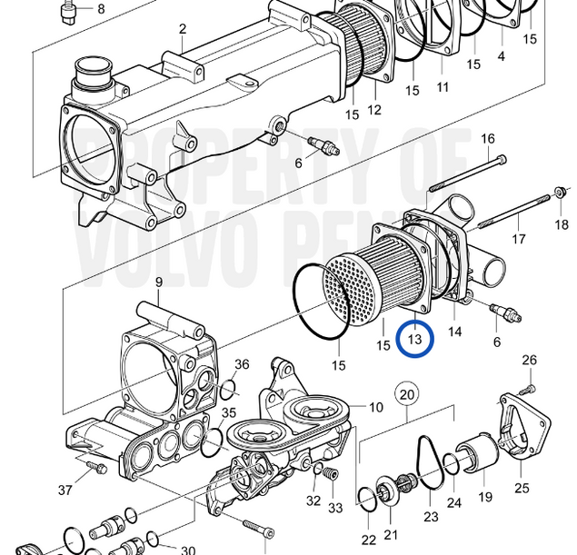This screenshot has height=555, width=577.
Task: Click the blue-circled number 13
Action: point(416,340)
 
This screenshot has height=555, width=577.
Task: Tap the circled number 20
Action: point(407,395)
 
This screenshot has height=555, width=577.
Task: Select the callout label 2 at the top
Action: point(182,29)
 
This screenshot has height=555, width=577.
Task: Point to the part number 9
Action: point(158,282)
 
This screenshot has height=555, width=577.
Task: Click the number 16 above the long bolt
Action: point(488,139)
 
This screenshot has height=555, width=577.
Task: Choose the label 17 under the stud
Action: point(518,240)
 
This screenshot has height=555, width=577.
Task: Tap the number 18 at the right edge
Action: point(562,224)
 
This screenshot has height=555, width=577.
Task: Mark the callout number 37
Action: point(65,491)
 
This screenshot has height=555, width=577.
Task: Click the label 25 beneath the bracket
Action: point(522,489)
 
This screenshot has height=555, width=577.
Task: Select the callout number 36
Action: point(241,364)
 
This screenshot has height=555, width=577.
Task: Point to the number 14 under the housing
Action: point(454,332)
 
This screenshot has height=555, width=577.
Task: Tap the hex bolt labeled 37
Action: point(95,468)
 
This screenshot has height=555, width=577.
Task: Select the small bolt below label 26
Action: point(530,383)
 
